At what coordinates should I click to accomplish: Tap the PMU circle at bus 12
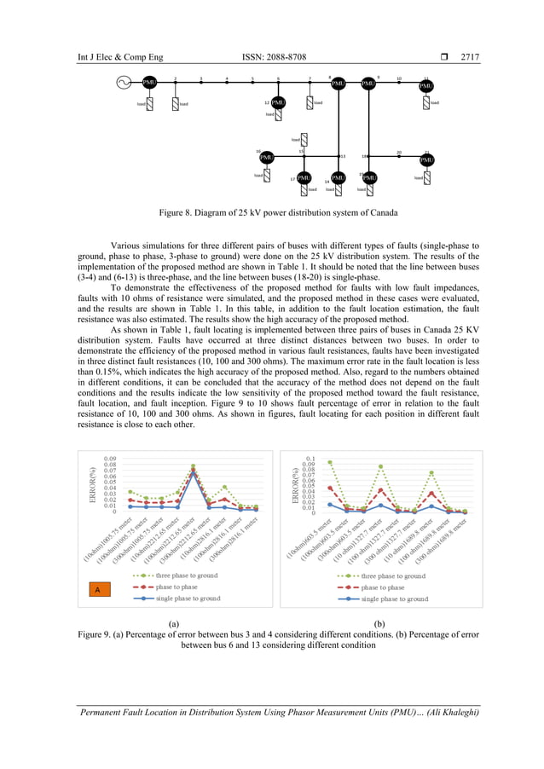[278, 103]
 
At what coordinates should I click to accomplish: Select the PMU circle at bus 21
[426, 159]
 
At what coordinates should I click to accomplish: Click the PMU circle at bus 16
[267, 158]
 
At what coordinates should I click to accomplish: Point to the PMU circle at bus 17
[303, 178]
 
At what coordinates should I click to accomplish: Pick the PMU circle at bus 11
[426, 86]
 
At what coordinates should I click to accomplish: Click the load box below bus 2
[175, 104]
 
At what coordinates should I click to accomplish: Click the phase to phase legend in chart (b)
[382, 587]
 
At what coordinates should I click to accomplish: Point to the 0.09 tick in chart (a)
[110, 459]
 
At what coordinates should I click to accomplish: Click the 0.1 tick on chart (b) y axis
[311, 459]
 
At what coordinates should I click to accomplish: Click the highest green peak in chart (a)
[194, 466]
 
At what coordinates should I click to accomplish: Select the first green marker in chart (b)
[330, 462]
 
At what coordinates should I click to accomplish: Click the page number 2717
[470, 57]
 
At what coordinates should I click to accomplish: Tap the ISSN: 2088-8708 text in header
[274, 57]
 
